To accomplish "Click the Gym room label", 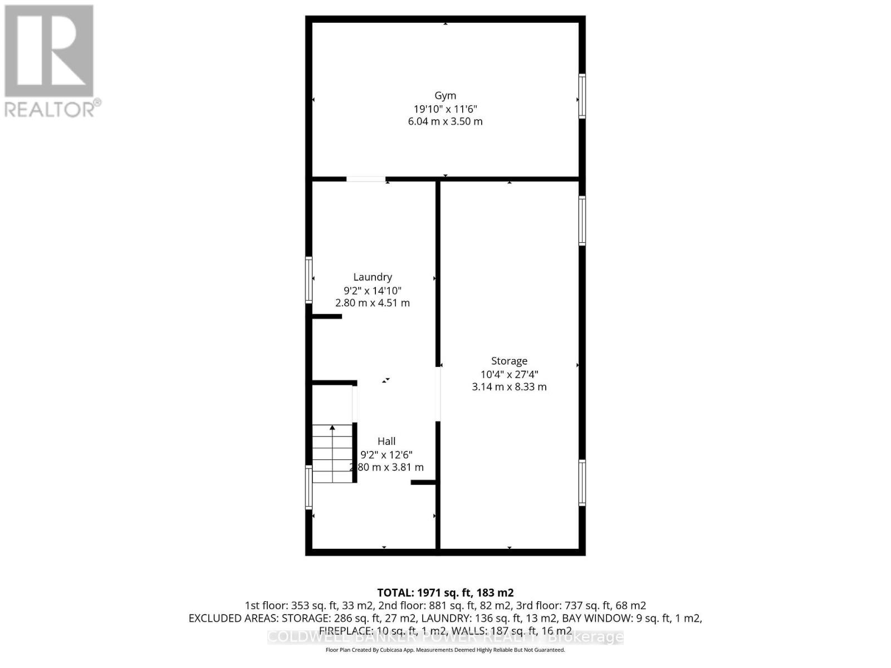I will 445,96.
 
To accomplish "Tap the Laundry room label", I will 373,277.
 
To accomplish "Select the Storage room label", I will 509,361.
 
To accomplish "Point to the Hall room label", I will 386,441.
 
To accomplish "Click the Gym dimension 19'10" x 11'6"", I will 445,109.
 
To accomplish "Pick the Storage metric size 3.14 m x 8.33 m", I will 509,387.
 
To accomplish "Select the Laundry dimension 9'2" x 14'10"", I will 373,291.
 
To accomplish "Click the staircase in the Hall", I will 332,454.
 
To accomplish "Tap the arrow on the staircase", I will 332,429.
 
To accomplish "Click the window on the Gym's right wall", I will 582,96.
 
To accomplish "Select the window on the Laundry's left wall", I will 309,279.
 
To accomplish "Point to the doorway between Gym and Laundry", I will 365,179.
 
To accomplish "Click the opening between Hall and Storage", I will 438,394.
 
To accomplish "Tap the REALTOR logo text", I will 53,108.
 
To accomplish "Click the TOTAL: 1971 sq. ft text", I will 445,593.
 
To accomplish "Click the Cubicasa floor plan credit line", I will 445,650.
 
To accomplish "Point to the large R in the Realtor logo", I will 49,51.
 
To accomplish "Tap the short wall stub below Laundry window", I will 326,316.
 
